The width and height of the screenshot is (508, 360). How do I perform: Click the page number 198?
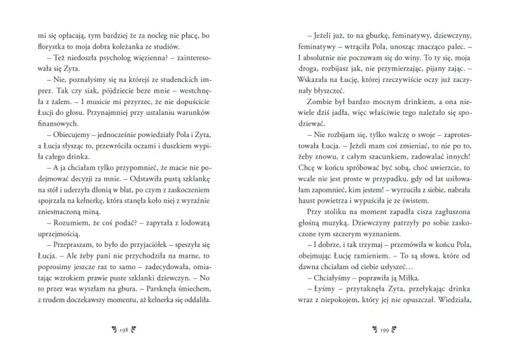124,330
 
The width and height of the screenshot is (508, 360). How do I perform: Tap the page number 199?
384,330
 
